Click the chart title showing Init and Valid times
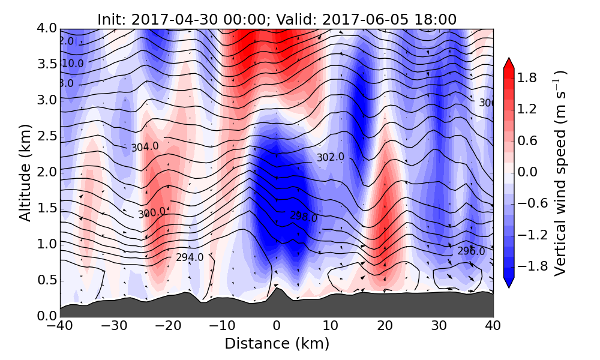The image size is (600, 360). (x=277, y=19)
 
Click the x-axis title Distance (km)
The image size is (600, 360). (x=277, y=344)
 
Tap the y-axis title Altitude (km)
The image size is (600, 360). (x=25, y=173)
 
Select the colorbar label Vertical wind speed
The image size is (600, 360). (x=560, y=173)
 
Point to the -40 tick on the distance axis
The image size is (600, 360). (x=60, y=327)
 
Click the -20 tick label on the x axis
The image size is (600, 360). (x=168, y=327)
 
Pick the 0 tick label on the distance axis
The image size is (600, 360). (x=277, y=327)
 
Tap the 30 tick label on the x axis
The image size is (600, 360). (x=439, y=327)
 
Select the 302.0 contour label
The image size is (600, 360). (x=331, y=157)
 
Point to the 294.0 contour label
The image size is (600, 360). (x=190, y=257)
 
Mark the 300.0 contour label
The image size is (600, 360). (x=151, y=214)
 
